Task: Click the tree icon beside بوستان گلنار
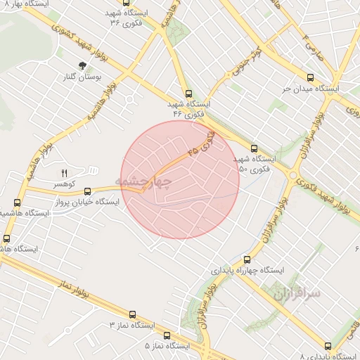pos(84,66)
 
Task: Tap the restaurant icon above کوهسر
pos(65,172)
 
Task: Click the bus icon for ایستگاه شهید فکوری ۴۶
pos(188,94)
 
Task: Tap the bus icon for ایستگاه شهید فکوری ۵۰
pos(254,148)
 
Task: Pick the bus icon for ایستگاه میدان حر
pos(310,78)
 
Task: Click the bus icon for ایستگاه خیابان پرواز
pos(88,191)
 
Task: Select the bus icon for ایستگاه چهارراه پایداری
pos(246,259)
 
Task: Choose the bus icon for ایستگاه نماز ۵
pos(167,335)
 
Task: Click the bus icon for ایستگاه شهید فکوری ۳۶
pos(125,3)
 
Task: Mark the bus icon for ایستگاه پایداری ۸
pos(328,345)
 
